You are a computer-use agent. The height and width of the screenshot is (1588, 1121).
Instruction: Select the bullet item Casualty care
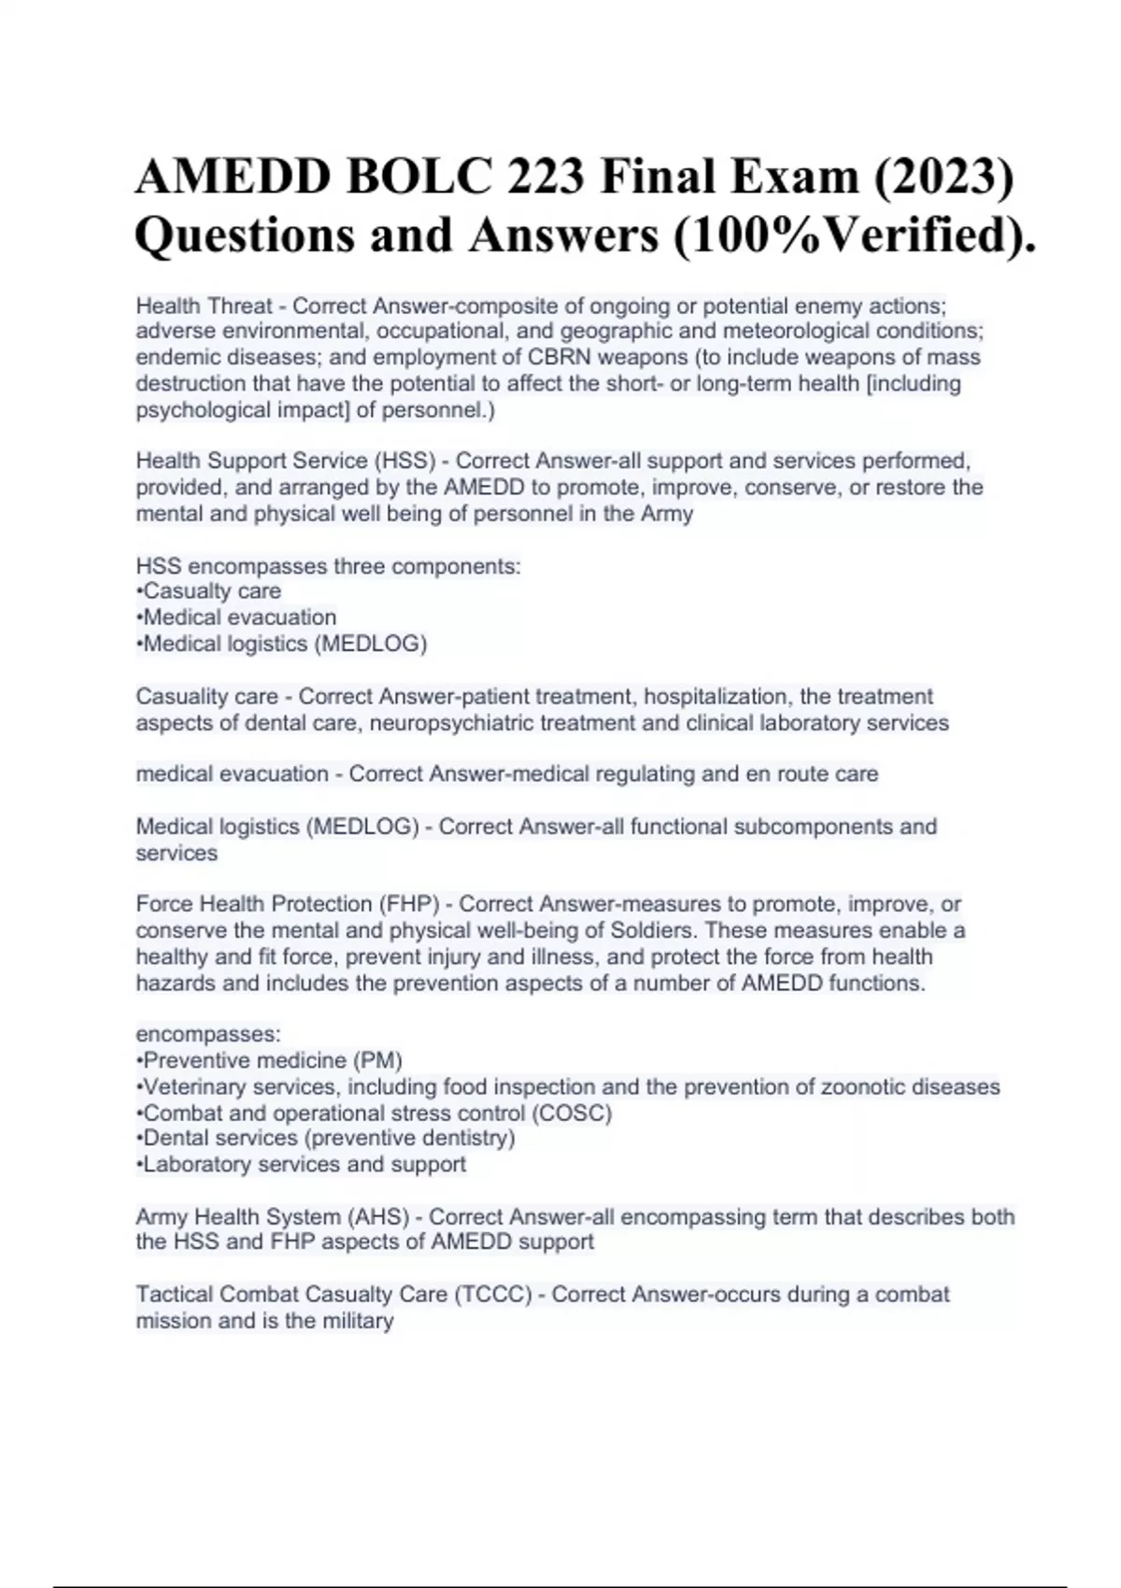pyautogui.click(x=211, y=591)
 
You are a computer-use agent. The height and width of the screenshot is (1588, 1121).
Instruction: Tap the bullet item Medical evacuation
pyautogui.click(x=239, y=617)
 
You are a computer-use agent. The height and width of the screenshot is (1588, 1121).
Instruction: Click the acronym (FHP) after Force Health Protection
pyautogui.click(x=408, y=904)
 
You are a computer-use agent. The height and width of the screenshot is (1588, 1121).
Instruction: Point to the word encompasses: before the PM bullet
pyautogui.click(x=208, y=1034)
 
